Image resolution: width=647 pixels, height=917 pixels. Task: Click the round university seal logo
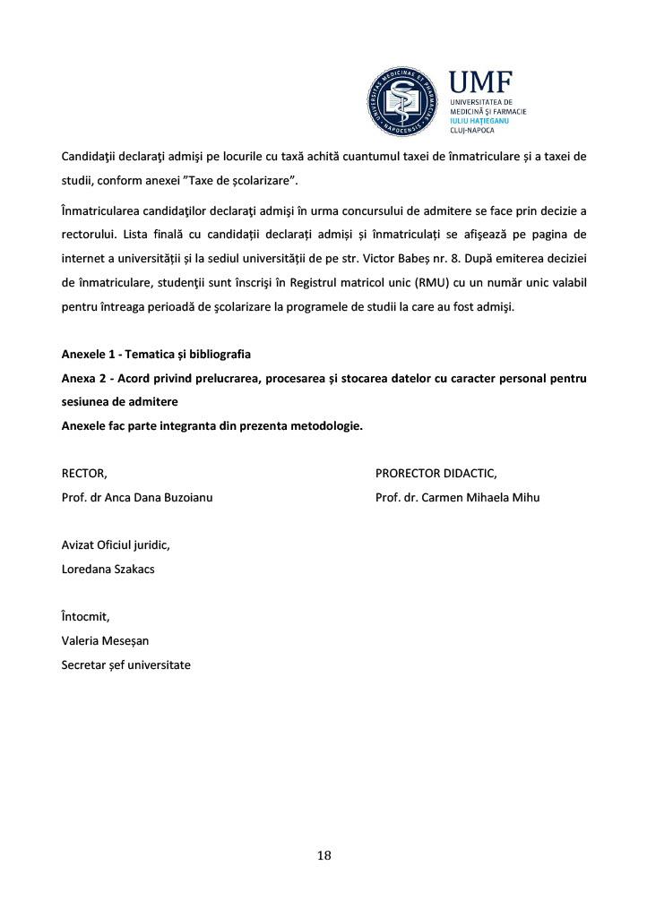405,103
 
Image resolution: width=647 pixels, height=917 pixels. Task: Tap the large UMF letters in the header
482,83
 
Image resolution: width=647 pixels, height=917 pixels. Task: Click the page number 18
323,855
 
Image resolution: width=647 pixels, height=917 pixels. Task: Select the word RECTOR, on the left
84,473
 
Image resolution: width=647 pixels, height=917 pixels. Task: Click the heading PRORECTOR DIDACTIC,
436,473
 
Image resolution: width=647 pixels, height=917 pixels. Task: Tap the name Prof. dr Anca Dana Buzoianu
137,497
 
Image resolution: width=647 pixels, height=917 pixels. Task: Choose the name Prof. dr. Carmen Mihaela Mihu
458,497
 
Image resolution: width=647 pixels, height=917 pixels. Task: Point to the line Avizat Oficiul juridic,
116,544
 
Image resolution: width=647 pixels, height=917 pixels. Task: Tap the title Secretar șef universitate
125,664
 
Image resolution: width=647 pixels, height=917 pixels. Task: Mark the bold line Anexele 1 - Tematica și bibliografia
156,354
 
